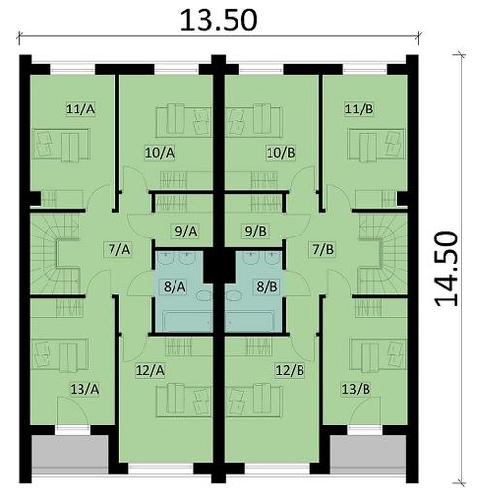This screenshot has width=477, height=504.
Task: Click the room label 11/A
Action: (x=80, y=110)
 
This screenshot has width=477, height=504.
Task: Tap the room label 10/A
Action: (x=160, y=152)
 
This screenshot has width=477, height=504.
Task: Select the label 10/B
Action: (x=280, y=152)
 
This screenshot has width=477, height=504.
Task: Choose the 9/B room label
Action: (x=256, y=231)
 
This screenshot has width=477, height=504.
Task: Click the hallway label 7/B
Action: (x=322, y=249)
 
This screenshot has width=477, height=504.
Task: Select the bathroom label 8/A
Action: (x=175, y=286)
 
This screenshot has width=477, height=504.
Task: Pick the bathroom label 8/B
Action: (x=266, y=286)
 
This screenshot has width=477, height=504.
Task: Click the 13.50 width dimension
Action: (x=218, y=19)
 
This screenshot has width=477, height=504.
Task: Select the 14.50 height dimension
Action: (x=446, y=268)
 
